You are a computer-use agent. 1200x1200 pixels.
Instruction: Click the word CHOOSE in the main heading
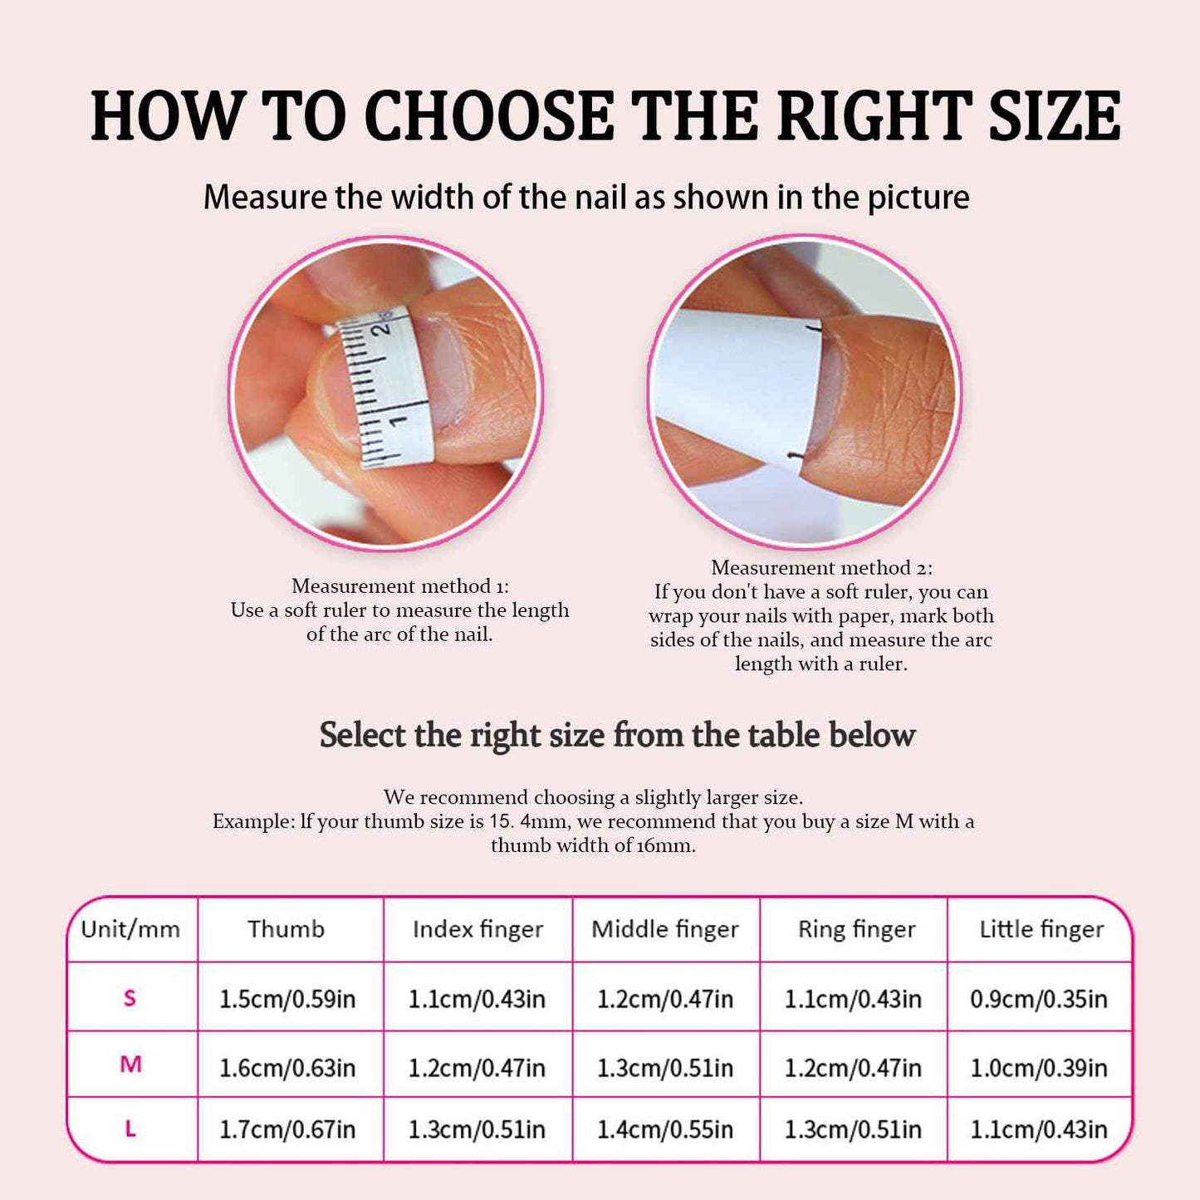489,115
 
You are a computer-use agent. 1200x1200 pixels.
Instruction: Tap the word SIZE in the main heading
1055,115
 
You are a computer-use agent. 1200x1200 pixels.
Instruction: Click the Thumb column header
286,928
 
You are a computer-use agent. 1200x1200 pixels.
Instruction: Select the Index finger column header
478,929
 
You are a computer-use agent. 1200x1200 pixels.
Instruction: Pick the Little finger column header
1041,929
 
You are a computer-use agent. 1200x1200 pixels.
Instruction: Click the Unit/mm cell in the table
130,928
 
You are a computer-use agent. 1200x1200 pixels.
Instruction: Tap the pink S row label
130,997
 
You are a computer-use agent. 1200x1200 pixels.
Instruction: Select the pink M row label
130,1064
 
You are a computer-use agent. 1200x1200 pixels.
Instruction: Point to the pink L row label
130,1129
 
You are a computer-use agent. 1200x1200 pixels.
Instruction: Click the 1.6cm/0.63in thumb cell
287,1067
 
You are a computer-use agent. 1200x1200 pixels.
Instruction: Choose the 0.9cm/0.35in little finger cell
1039,998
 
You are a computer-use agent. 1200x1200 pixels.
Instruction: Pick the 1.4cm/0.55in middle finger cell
665,1129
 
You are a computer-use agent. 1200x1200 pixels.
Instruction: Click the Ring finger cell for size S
853,998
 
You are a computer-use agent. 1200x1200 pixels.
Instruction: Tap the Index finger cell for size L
477,1129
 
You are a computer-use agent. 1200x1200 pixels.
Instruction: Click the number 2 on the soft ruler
381,326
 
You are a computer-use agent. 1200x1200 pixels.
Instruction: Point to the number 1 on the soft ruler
399,420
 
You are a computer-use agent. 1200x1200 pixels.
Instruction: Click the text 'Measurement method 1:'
400,586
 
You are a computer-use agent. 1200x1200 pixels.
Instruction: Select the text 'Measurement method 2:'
821,568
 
